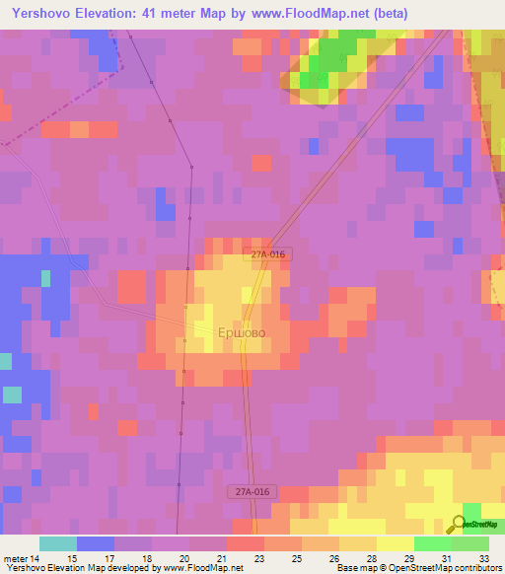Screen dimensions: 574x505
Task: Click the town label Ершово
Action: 241,333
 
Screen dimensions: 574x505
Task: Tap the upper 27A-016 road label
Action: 267,254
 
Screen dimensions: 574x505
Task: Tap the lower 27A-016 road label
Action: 253,491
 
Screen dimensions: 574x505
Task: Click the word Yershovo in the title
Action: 38,14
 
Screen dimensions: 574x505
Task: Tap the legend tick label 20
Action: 185,557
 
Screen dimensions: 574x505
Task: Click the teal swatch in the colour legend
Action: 58,543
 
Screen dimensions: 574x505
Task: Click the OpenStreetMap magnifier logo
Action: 460,524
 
